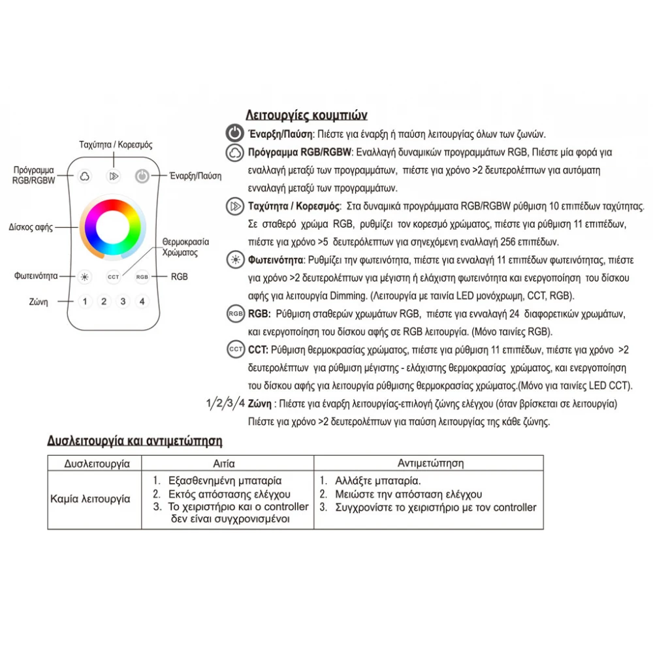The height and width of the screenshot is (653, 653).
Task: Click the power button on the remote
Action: coord(143,176)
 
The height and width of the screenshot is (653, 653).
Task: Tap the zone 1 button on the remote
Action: coord(84,302)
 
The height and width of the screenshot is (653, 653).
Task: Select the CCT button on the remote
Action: coord(114,277)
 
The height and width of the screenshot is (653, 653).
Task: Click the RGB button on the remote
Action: coord(142,277)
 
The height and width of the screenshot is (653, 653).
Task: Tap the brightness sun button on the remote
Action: coord(84,277)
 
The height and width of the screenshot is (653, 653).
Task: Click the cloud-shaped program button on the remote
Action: coord(84,176)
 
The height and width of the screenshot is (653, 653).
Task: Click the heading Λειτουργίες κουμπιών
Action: coord(306,116)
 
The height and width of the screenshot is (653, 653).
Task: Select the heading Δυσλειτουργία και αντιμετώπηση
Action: coord(135,441)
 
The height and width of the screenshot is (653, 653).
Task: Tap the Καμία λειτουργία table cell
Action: coord(90,499)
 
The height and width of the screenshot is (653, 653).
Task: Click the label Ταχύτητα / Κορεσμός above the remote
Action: coord(115,144)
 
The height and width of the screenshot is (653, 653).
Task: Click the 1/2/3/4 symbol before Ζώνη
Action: coord(225,402)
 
